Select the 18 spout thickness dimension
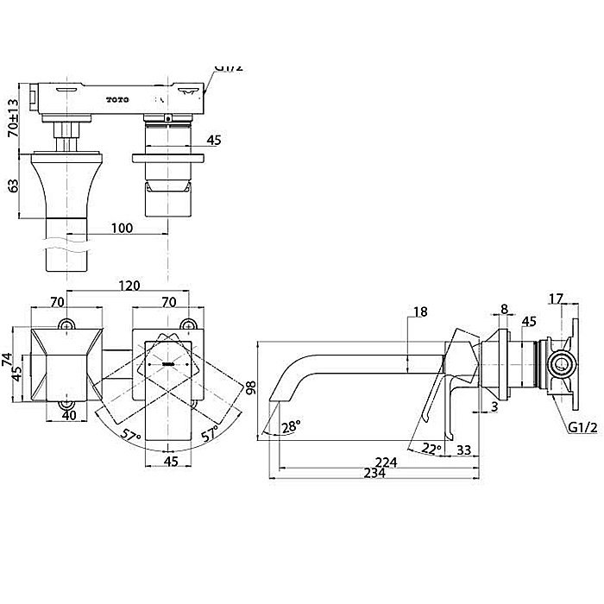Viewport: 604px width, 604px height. tap(420, 312)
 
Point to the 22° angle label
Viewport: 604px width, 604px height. tap(431, 448)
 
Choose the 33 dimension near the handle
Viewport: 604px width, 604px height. tap(462, 450)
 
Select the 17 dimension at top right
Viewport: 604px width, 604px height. tap(556, 299)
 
